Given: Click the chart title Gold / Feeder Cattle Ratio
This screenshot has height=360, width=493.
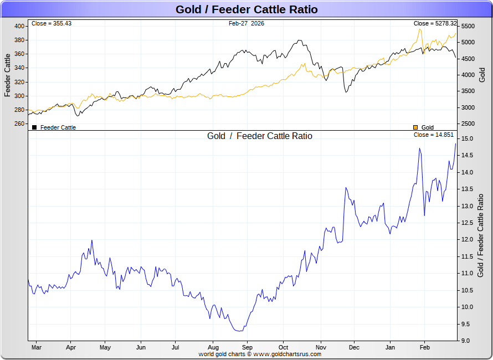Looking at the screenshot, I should point(247,9).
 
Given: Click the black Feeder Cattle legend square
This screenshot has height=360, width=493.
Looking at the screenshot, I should point(34,127).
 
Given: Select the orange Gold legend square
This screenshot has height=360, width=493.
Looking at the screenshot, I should point(416,127).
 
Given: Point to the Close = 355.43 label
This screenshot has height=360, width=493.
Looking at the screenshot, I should point(52,23).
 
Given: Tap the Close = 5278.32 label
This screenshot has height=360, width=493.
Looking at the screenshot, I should point(435,23).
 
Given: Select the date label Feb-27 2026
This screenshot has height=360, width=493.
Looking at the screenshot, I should point(246,23).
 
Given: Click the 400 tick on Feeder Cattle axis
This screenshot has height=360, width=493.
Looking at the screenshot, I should point(19,26).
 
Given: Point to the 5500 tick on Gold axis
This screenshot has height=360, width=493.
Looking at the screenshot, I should point(468,26).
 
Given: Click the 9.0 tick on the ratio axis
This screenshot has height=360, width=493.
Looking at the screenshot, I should point(466,341).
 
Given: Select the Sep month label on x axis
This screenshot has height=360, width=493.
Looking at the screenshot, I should point(247,348).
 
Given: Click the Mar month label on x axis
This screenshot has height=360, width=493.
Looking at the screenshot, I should point(36,348).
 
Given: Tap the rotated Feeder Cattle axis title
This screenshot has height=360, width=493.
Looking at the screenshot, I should point(7,75).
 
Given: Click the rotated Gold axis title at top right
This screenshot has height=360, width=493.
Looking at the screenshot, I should point(482,75).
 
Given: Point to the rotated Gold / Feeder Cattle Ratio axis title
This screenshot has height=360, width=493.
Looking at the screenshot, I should point(480,235).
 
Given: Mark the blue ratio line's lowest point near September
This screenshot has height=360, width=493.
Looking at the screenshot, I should point(238,331).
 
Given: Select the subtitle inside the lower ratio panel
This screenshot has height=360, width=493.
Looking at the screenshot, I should point(260,136).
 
